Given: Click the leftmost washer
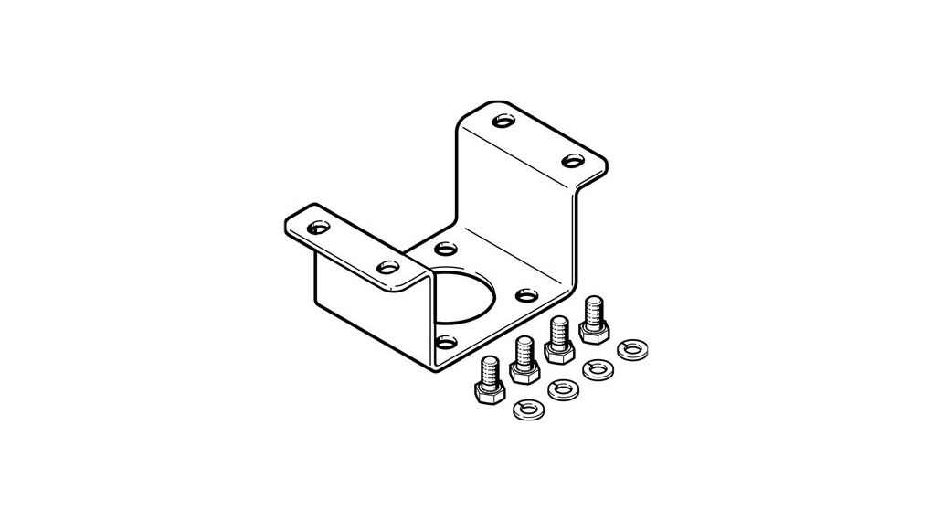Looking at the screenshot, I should [x=527, y=409].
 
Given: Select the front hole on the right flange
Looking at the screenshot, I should [x=572, y=160].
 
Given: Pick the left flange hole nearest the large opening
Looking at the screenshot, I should [x=387, y=266].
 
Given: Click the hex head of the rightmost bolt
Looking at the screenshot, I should [x=592, y=334].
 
